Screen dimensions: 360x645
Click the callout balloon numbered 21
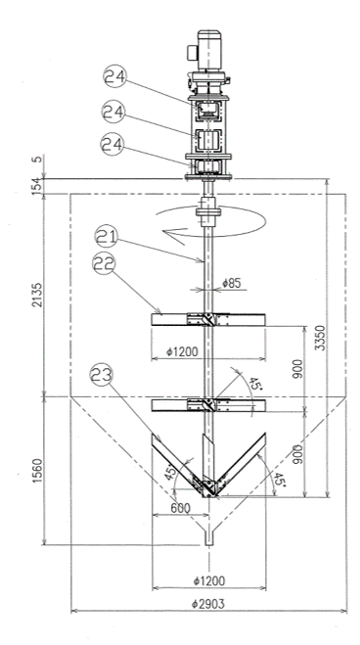(x=107, y=238)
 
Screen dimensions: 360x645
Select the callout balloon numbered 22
(x=105, y=264)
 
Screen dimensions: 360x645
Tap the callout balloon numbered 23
(x=102, y=375)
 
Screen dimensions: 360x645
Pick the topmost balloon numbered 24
(x=114, y=78)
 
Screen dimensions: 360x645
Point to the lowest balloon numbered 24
(x=112, y=145)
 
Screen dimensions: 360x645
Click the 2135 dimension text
(x=38, y=295)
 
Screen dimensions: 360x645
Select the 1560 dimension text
(x=38, y=469)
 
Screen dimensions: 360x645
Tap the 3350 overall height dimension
(x=322, y=338)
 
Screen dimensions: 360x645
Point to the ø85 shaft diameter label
(x=231, y=283)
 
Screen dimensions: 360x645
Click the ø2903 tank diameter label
(x=208, y=604)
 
